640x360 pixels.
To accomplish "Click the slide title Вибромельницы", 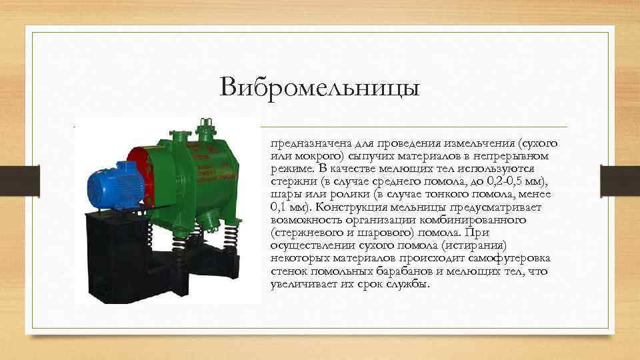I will [x=320, y=87].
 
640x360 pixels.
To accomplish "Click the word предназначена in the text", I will [x=303, y=143].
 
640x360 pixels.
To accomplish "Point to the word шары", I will [x=285, y=194].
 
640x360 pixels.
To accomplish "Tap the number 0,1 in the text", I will [x=279, y=206].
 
